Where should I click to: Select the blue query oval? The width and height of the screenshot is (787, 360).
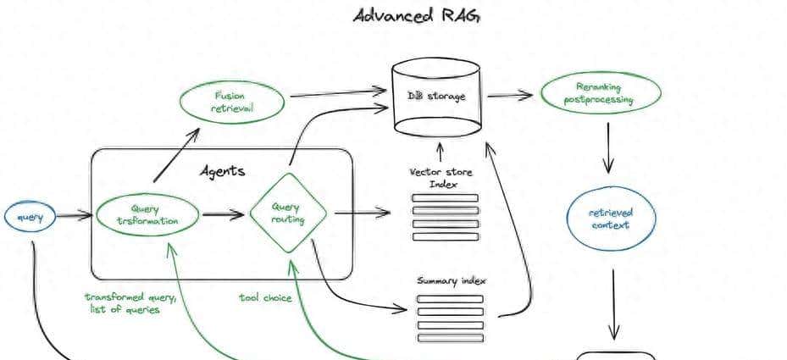(x=30, y=217)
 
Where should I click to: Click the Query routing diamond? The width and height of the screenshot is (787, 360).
(x=288, y=213)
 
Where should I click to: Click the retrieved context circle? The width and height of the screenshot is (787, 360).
(x=610, y=219)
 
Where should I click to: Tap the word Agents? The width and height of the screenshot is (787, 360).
(x=222, y=171)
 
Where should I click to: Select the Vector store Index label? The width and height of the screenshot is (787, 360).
(x=441, y=178)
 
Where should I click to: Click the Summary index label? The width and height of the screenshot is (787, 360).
(x=452, y=280)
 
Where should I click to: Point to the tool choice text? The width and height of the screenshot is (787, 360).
(x=265, y=297)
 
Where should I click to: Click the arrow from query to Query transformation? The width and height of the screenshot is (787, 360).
(x=74, y=216)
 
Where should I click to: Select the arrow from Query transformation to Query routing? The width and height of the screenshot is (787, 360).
(x=224, y=213)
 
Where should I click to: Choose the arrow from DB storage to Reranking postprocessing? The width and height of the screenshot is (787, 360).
(x=510, y=95)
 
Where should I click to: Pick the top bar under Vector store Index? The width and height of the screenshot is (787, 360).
(x=445, y=198)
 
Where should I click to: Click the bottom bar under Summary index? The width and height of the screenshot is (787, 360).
(x=450, y=337)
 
